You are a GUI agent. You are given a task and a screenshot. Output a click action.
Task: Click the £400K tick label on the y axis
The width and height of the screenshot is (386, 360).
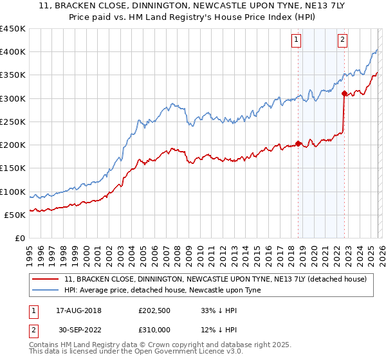click(x=13, y=52)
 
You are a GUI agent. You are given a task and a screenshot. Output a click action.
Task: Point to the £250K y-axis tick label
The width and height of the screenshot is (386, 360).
click(x=13, y=122)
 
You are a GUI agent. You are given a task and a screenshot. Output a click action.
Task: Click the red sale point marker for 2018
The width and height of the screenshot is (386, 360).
click(x=299, y=143)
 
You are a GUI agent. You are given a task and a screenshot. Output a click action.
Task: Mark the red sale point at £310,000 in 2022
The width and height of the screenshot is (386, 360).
click(x=345, y=94)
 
